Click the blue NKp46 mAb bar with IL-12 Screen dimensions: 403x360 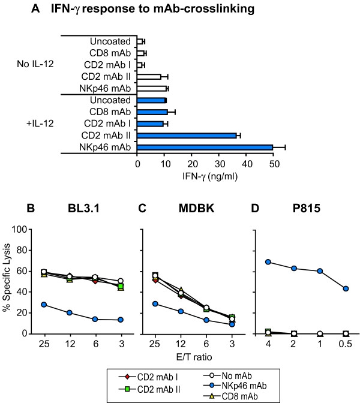coord(205,147)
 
